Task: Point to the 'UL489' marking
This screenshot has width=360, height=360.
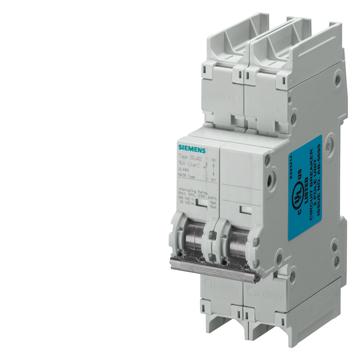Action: tap(183, 169)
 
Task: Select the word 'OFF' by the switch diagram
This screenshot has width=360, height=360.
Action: tap(213, 178)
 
